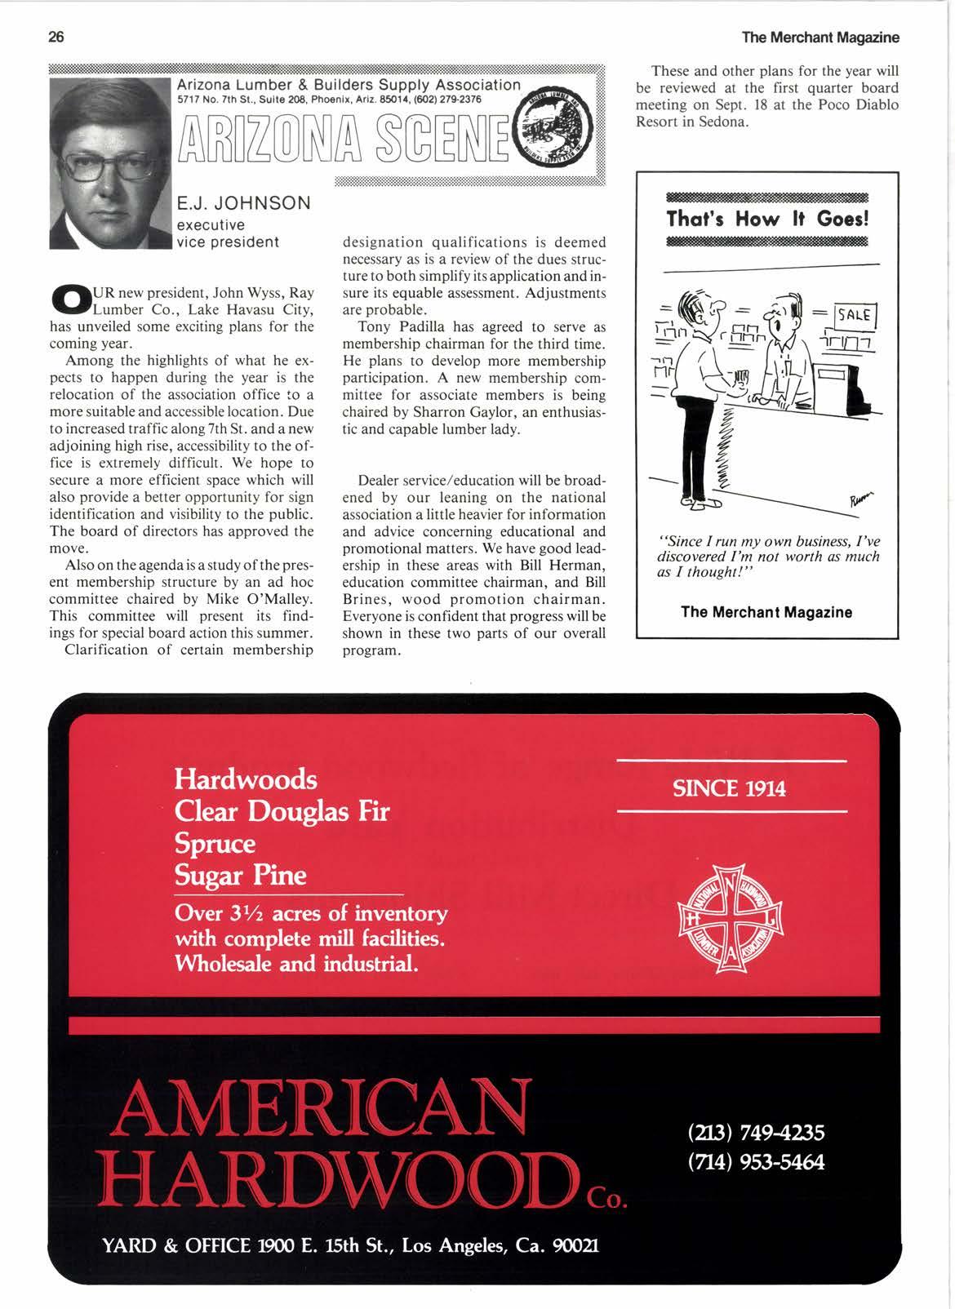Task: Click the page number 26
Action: click(x=57, y=38)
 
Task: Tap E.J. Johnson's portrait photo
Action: click(x=111, y=163)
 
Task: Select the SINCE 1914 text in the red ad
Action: click(x=729, y=788)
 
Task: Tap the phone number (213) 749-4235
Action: click(x=756, y=1133)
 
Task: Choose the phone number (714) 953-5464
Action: click(x=756, y=1161)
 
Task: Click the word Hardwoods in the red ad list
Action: click(x=246, y=779)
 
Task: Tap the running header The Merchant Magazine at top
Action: click(x=820, y=38)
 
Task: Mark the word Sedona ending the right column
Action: click(x=718, y=122)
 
